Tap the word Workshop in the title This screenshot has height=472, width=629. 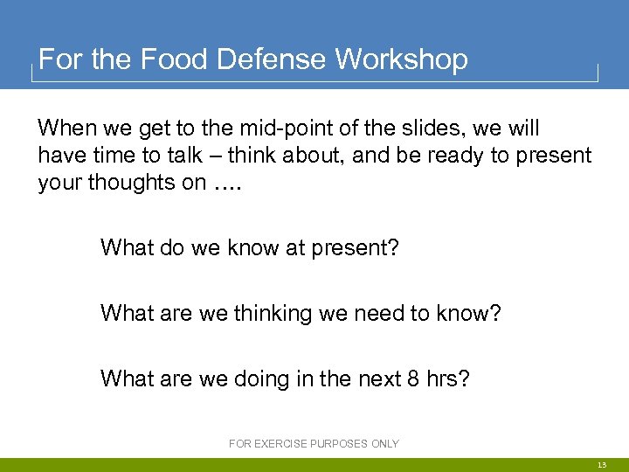[x=401, y=59]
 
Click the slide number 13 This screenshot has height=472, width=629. [x=602, y=466]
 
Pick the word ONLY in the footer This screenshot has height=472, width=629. [x=384, y=444]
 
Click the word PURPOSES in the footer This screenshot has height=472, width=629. [x=337, y=444]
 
